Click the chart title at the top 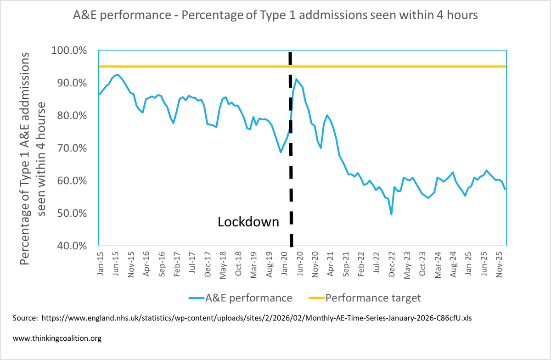(275, 15)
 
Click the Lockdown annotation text (248, 222)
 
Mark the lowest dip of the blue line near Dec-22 (391, 214)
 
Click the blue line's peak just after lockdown (296, 79)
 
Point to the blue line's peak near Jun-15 (118, 74)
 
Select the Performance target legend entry (363, 298)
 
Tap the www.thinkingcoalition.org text (57, 338)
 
